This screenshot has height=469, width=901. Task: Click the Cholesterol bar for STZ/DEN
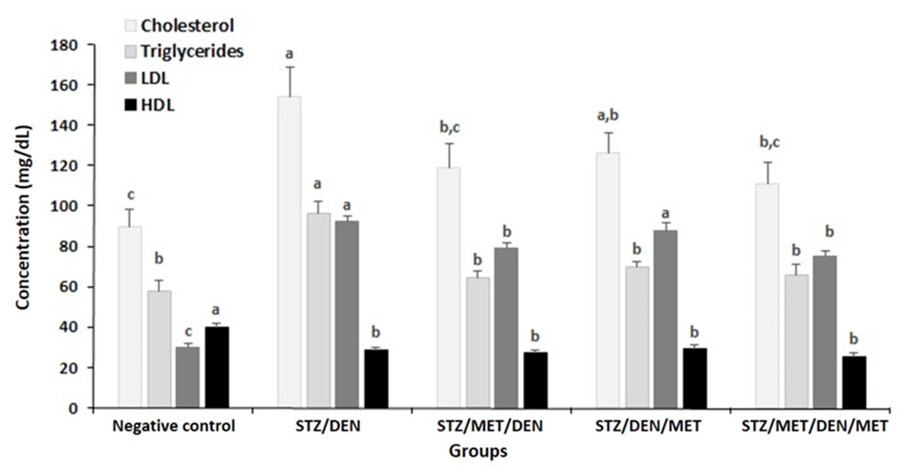pos(289,252)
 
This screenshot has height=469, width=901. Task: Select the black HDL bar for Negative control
pos(217,367)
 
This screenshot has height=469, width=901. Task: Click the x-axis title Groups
pos(478,452)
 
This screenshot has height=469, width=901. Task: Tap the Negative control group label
pos(174,426)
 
